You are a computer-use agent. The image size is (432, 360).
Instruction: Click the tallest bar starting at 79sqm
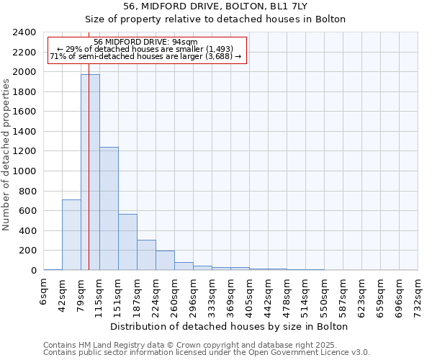point(90,172)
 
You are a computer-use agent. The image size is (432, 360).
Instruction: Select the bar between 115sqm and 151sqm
point(109,209)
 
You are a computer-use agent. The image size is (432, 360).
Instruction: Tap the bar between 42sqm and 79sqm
point(71,235)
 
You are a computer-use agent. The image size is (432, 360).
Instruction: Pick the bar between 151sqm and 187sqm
point(127,242)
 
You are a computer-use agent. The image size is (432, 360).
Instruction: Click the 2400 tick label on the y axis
point(24,32)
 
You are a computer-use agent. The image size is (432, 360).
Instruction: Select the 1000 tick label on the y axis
point(24,171)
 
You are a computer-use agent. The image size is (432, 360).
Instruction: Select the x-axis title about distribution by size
point(230,326)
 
